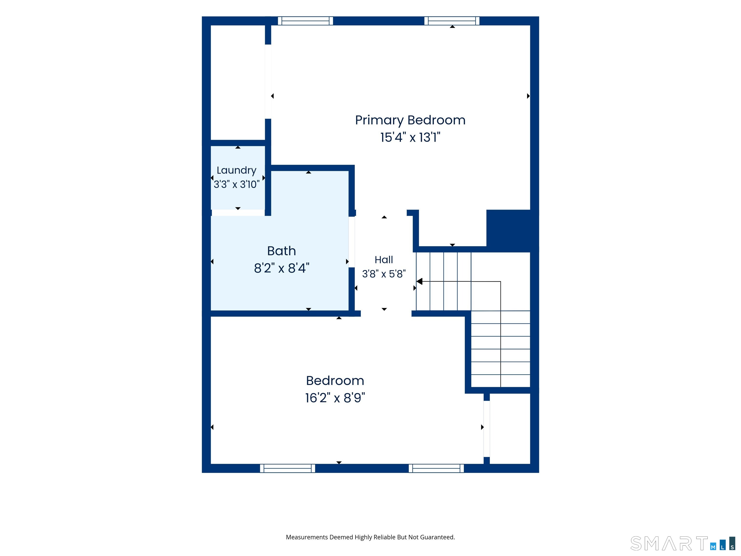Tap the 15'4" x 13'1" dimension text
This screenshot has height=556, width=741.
point(410,137)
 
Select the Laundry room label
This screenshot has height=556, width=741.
point(236,170)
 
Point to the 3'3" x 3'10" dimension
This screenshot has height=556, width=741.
point(236,184)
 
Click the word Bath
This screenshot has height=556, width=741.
point(281,251)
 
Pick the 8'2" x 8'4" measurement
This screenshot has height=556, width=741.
point(281,268)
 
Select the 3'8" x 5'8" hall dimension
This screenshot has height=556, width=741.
point(384,274)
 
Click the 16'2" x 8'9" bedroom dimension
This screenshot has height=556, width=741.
point(335,398)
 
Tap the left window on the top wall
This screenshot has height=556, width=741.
point(306,21)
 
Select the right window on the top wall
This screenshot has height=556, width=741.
point(452,21)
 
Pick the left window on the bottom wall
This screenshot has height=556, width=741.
point(288,468)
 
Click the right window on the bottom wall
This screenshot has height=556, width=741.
point(436,468)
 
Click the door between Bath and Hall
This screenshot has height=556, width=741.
point(352,242)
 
